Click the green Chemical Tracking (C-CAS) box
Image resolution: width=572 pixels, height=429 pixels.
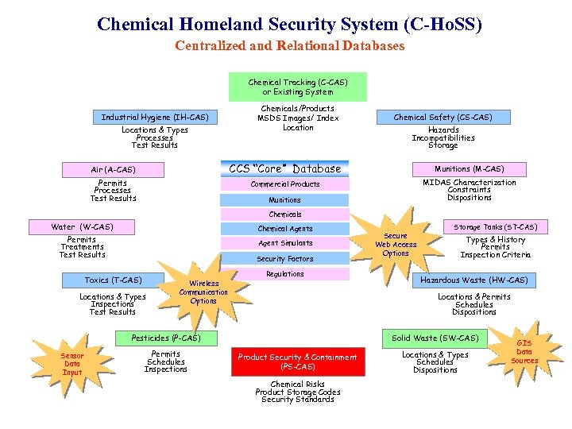click(x=298, y=87)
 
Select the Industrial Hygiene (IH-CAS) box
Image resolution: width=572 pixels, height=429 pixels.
click(x=155, y=117)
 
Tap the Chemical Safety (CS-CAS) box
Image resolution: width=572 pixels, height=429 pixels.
click(x=443, y=117)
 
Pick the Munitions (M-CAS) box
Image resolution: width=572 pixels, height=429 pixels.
click(x=469, y=168)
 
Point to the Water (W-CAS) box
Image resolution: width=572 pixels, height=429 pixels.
click(x=82, y=227)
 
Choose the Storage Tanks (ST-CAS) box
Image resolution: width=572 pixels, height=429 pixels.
click(x=495, y=227)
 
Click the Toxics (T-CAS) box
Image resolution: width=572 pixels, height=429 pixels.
click(x=114, y=280)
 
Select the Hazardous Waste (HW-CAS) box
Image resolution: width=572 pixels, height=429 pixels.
click(x=473, y=280)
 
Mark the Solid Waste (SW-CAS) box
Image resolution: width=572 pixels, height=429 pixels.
click(x=435, y=338)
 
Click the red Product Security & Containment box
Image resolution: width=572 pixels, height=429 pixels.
click(x=298, y=361)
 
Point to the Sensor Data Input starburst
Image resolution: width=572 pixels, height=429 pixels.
click(x=72, y=363)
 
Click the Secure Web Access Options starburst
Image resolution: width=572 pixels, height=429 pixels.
click(x=395, y=245)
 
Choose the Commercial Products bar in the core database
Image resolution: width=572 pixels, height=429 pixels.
click(x=285, y=184)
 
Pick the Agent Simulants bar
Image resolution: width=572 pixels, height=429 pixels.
click(x=285, y=243)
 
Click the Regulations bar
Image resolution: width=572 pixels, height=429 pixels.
click(x=285, y=274)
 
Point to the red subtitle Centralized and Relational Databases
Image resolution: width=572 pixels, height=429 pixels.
click(x=289, y=45)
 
